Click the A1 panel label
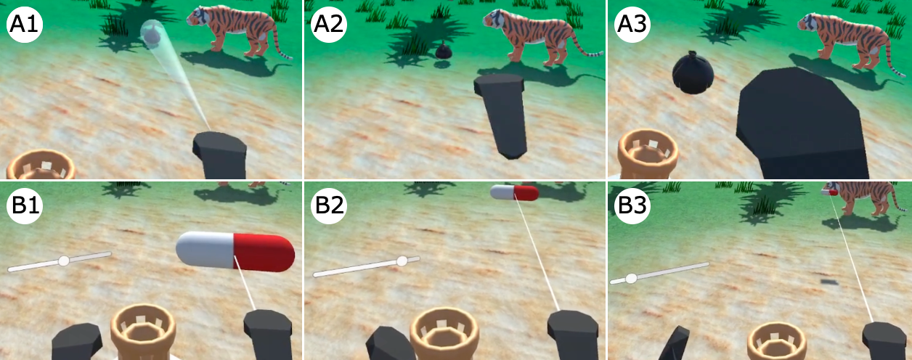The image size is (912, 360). [x=25, y=25]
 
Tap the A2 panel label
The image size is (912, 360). [x=329, y=25]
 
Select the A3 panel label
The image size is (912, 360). [x=632, y=25]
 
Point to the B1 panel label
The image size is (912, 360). [x=25, y=205]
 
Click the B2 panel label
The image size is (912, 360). [x=329, y=205]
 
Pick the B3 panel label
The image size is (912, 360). [x=632, y=205]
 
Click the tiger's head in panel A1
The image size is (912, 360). [x=200, y=20]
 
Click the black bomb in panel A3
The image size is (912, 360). [x=693, y=73]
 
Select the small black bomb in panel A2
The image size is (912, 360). [x=443, y=51]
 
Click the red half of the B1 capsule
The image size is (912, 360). [x=264, y=253]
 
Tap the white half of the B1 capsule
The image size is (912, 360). [x=205, y=250]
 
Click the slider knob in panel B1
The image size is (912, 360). [x=63, y=261]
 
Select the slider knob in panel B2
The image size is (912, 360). [x=402, y=261]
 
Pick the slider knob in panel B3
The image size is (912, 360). [x=631, y=279]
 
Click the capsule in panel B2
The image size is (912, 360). [x=515, y=192]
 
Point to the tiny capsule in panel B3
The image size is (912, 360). [x=830, y=192]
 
